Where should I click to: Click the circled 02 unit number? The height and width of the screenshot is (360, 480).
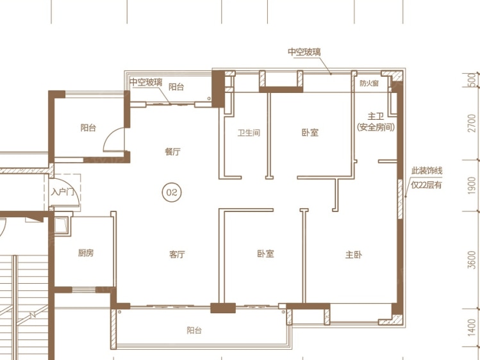tap(172, 192)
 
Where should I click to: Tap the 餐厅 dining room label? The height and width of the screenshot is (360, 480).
tap(172, 151)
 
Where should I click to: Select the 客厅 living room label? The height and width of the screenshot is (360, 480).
tap(177, 254)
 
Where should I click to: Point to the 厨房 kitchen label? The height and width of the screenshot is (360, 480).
tap(86, 253)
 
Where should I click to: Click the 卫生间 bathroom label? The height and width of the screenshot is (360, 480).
tap(249, 133)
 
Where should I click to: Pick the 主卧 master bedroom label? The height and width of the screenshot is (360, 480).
tap(354, 254)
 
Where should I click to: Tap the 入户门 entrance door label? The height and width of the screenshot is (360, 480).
tap(62, 192)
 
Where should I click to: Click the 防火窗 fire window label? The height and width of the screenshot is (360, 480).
tap(369, 83)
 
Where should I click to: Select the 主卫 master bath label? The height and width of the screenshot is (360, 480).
tap(376, 116)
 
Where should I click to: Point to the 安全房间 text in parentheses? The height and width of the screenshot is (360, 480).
tap(376, 127)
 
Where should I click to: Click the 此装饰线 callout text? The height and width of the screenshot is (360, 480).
tap(427, 170)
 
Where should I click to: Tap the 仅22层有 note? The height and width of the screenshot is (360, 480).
tap(426, 184)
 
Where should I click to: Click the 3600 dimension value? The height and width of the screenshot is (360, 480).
tap(472, 259)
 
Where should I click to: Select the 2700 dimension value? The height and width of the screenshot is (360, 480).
tap(472, 123)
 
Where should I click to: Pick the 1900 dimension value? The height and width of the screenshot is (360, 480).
tap(472, 185)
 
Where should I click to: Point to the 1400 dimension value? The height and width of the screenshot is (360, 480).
tap(472, 327)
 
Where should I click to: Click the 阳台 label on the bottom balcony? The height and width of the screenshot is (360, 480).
tap(194, 331)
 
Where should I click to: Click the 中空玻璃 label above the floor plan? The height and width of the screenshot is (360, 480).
tap(304, 52)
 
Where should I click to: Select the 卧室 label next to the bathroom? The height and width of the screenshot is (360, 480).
tap(310, 133)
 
